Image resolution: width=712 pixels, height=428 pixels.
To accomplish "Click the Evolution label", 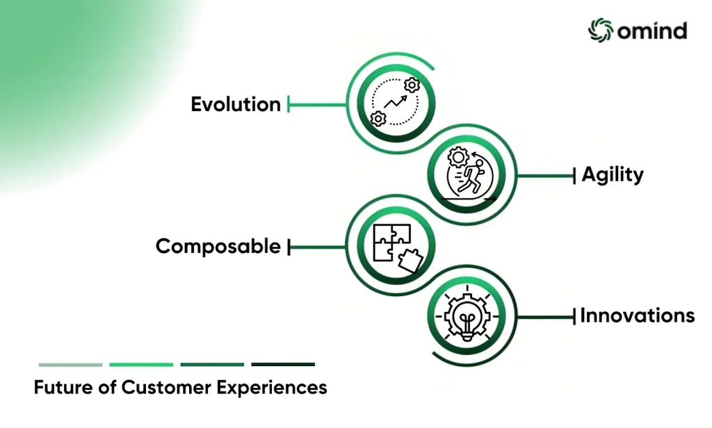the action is tap(236, 104).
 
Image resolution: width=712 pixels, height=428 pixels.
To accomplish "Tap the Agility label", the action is tap(613, 174).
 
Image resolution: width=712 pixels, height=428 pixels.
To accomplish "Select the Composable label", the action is tap(218, 247).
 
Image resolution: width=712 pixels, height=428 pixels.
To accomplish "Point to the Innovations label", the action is tap(638, 315).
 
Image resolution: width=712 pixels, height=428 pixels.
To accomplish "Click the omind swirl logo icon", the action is tap(601, 31).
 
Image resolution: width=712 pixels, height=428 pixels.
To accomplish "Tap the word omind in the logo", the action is tap(652, 31).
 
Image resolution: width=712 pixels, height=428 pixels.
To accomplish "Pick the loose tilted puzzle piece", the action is tap(410, 261).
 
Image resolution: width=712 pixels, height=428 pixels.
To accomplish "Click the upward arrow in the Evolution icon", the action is tap(396, 102).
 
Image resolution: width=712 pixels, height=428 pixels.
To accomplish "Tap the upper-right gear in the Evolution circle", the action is tap(412, 85).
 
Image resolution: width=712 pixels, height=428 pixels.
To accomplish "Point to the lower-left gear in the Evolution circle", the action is tap(378, 118).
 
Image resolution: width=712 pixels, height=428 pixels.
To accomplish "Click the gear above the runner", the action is tap(458, 157).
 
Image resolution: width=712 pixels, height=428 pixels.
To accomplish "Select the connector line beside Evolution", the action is tap(316, 105).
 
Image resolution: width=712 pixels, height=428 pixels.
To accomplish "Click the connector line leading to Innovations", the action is tap(547, 317).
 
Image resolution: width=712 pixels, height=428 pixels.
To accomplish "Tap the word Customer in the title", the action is tap(166, 388).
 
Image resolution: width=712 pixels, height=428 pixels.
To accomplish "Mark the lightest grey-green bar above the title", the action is tap(70, 365).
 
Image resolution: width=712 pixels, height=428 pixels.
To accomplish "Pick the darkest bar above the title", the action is tap(283, 365).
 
